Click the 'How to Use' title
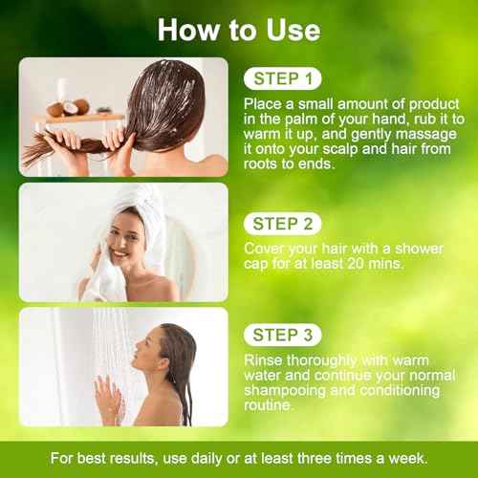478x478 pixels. pyautogui.click(x=238, y=29)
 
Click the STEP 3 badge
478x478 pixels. pyautogui.click(x=282, y=335)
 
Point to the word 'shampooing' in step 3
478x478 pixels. pyautogui.click(x=282, y=390)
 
